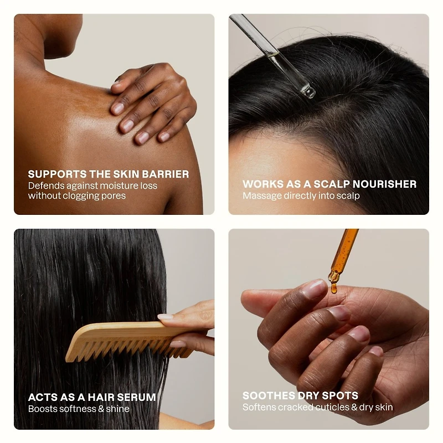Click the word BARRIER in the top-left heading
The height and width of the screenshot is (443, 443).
pyautogui.click(x=165, y=174)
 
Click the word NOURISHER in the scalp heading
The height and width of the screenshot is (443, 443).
pyautogui.click(x=384, y=184)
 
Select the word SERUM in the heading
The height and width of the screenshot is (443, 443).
pyautogui.click(x=136, y=397)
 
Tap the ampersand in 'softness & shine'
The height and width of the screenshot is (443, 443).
pyautogui.click(x=101, y=409)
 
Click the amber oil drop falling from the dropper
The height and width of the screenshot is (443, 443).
pyautogui.click(x=334, y=288)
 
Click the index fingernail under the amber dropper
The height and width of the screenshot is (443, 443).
pyautogui.click(x=314, y=289)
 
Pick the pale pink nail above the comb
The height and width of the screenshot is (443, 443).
pyautogui.click(x=165, y=317)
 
